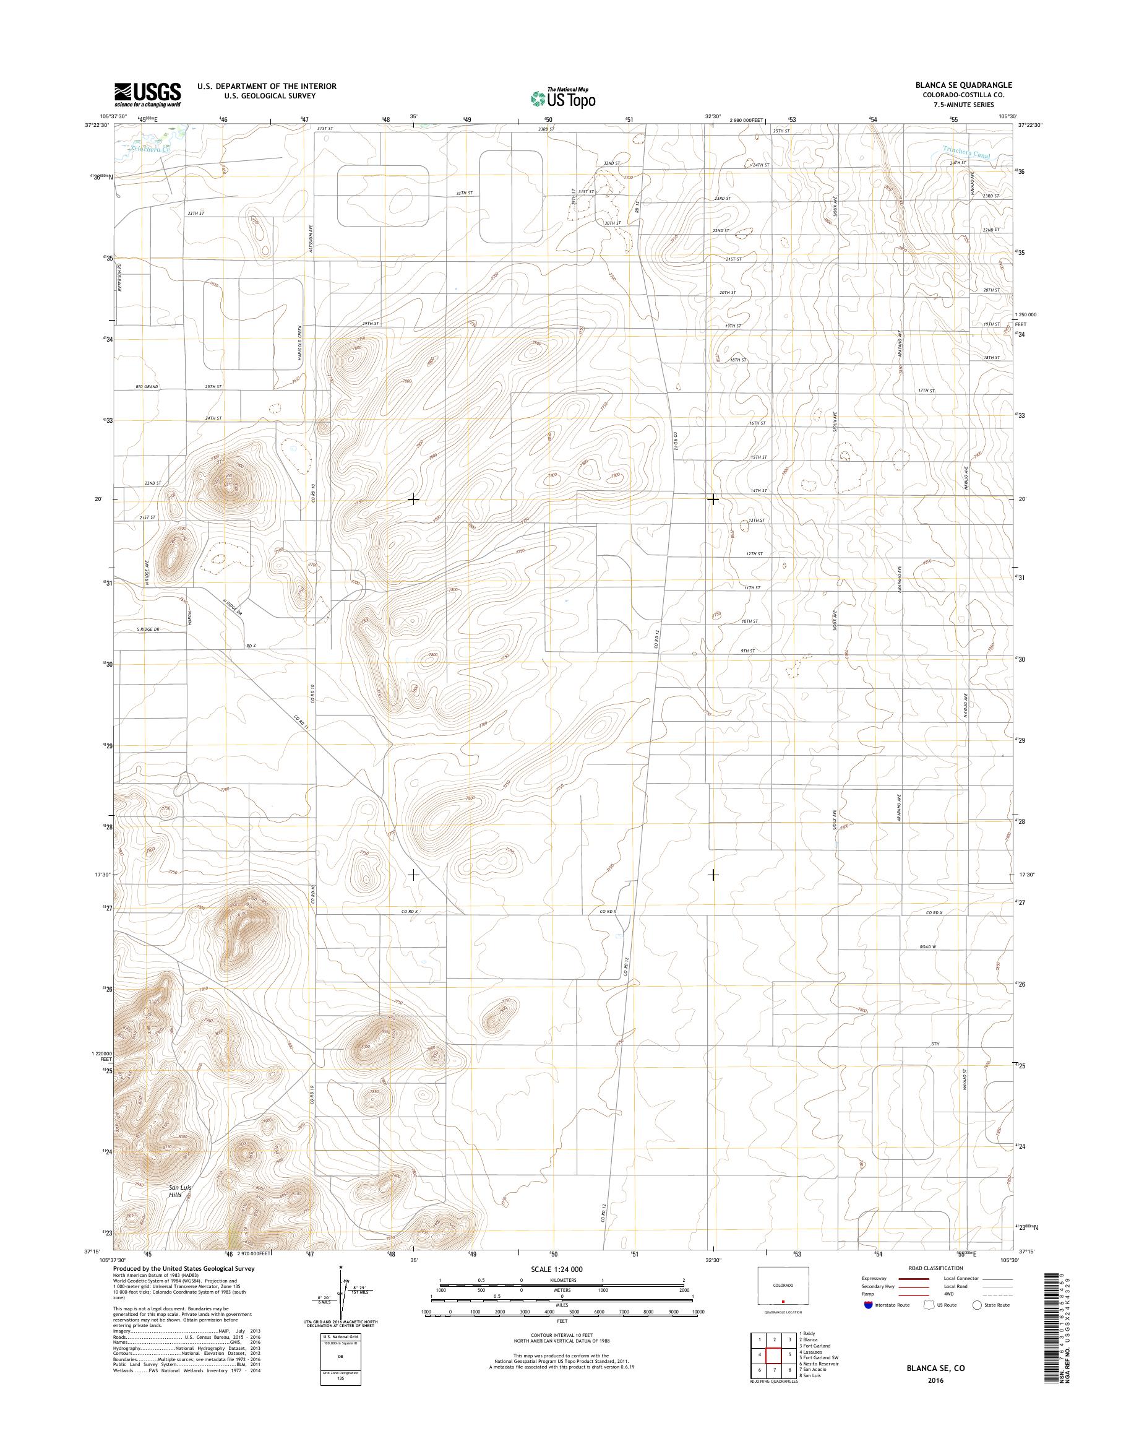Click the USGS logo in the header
[148, 94]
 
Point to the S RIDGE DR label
[149, 629]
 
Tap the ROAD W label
[928, 946]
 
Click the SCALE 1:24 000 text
[557, 1269]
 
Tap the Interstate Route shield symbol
[868, 1305]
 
